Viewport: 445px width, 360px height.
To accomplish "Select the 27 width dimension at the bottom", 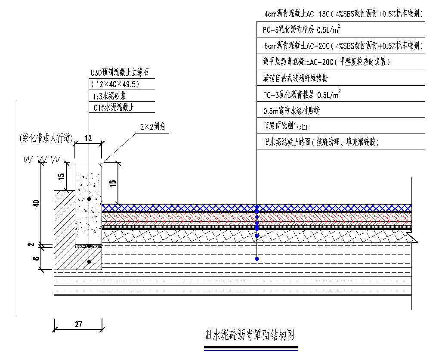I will [78, 324].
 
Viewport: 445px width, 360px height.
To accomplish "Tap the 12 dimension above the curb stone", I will [88, 138].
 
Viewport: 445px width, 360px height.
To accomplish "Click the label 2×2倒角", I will [153, 127].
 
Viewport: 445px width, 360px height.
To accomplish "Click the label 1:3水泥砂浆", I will [110, 96].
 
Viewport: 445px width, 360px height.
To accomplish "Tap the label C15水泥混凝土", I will [114, 107].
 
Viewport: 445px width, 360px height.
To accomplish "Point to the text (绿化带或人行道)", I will [46, 138].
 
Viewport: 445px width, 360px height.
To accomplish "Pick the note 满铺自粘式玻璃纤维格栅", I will [305, 78].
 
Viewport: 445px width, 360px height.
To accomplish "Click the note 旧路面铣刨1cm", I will [286, 126].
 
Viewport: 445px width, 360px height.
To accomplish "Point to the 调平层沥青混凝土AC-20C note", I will [327, 62].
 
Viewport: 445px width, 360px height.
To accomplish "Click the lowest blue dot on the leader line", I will [257, 259].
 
